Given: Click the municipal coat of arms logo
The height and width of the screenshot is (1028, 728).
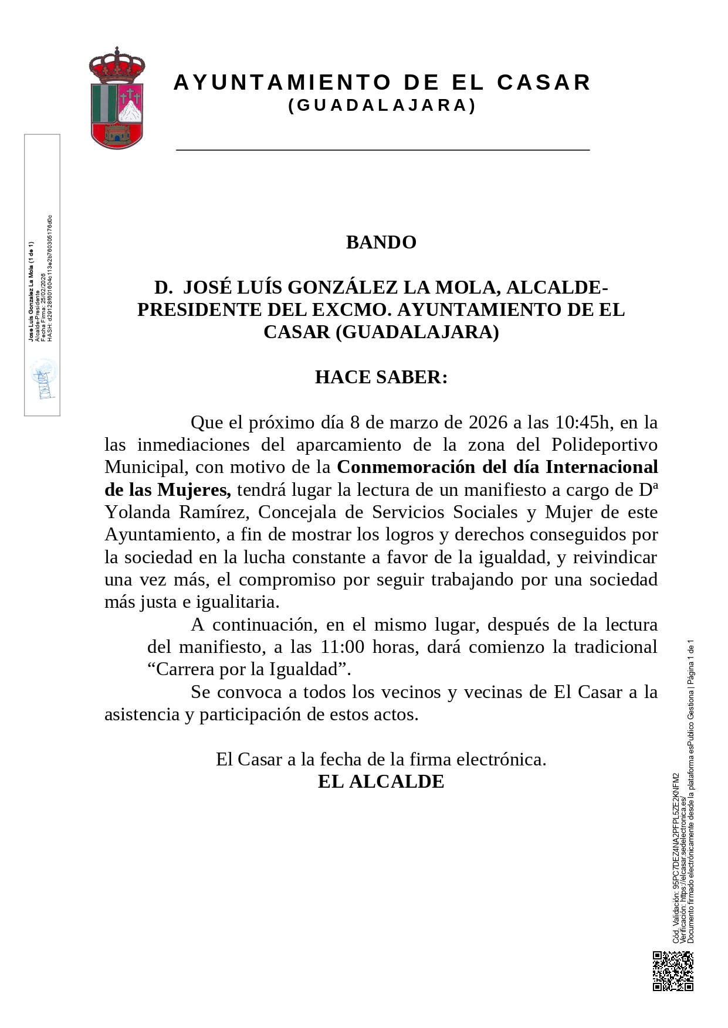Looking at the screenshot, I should coord(117,98).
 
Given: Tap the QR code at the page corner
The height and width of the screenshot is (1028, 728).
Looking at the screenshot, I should coord(673,971).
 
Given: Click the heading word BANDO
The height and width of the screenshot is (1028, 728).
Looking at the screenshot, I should coord(381,243).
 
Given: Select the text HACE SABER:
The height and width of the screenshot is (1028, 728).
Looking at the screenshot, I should coord(381,377).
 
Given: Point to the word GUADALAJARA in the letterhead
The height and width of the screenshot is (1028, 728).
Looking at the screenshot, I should coord(382,105).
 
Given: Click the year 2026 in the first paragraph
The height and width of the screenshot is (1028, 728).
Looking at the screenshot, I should coord(488,422).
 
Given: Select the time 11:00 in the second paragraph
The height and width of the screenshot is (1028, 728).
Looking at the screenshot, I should coord(343,647).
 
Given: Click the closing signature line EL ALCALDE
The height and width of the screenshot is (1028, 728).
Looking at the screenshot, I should coord(381,782).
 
